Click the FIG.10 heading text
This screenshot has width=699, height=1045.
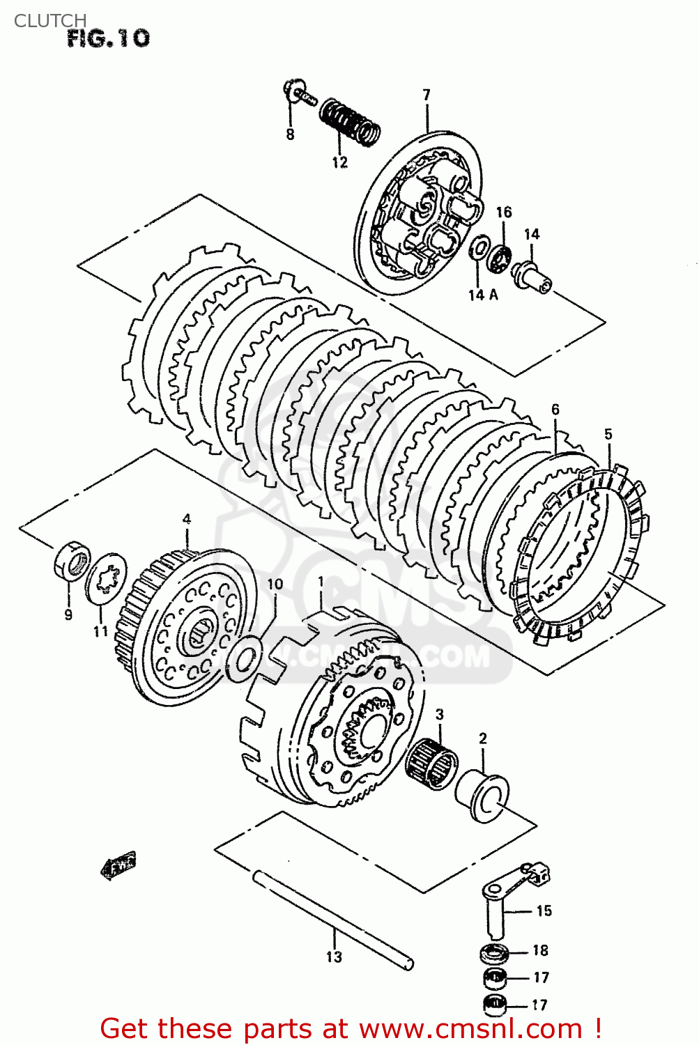108,38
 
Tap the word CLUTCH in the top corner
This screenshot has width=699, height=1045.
50,20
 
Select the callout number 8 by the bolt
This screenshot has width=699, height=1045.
290,134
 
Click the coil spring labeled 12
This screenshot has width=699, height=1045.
350,121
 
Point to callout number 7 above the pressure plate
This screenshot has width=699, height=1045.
426,95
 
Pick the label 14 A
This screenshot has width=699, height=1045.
483,295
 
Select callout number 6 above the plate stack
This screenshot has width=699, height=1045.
555,410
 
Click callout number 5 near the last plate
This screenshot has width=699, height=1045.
608,434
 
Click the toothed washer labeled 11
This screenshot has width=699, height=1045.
106,578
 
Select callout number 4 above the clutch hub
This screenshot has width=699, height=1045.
186,519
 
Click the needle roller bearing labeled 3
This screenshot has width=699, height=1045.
431,764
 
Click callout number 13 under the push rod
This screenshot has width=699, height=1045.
334,957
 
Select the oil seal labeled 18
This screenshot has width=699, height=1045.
494,952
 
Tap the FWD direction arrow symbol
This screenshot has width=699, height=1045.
118,865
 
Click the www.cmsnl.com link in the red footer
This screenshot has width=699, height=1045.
470,1029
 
